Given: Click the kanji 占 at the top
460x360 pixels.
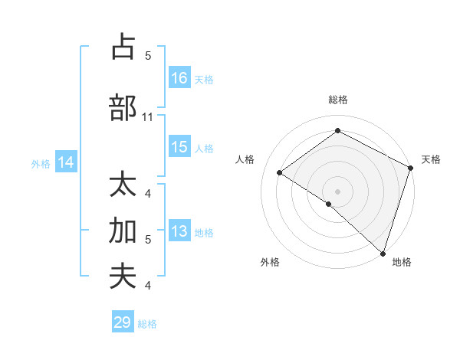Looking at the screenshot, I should click(123, 47).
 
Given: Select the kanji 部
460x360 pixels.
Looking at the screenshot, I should click(123, 107).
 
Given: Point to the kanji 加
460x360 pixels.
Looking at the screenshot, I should click(123, 231).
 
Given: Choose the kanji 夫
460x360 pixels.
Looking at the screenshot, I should click(123, 277).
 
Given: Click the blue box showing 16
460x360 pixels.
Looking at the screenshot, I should click(179, 78).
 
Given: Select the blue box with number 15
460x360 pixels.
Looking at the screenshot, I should click(179, 147).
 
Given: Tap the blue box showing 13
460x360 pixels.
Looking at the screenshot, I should click(179, 231).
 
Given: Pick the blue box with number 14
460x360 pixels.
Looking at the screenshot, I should click(66, 162).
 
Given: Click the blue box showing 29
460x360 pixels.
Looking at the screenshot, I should click(123, 322).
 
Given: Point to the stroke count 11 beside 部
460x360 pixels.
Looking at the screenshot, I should click(149, 117).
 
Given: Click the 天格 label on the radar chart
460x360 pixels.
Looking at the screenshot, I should click(431, 159).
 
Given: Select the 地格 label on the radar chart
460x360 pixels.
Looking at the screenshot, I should click(402, 262).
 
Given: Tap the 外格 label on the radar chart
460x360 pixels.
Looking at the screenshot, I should click(270, 262).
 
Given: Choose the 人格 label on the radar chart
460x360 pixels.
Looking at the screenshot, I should click(245, 159).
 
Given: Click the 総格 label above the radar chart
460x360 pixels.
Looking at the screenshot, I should click(338, 100).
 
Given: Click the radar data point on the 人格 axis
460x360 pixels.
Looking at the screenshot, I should click(280, 172).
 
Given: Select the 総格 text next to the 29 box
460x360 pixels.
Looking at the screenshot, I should click(147, 324).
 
